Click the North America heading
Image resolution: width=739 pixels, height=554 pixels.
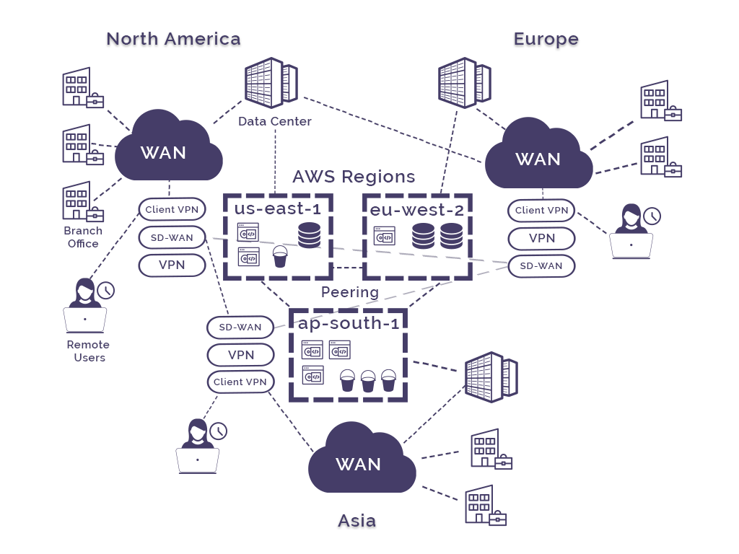(x=173, y=39)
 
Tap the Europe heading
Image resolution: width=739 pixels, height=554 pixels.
(x=546, y=39)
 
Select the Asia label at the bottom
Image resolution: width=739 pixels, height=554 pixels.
(x=357, y=520)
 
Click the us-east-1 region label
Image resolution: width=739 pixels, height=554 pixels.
(x=277, y=208)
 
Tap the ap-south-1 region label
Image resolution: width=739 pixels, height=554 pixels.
(x=349, y=323)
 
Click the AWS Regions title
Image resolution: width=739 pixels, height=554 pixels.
(x=354, y=177)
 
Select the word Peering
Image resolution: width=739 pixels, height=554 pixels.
(x=350, y=292)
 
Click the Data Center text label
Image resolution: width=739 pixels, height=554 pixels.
(x=275, y=121)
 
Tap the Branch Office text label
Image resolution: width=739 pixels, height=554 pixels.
(x=83, y=237)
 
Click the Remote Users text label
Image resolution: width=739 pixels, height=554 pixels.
(x=89, y=351)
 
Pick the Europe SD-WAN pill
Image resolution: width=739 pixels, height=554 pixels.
(x=541, y=265)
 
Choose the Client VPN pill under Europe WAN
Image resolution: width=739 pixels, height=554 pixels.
(x=541, y=211)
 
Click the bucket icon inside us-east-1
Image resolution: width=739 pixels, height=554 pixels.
(x=280, y=256)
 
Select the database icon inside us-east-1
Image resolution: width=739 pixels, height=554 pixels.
(x=309, y=235)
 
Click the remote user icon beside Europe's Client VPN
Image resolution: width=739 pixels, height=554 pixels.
(x=631, y=231)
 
